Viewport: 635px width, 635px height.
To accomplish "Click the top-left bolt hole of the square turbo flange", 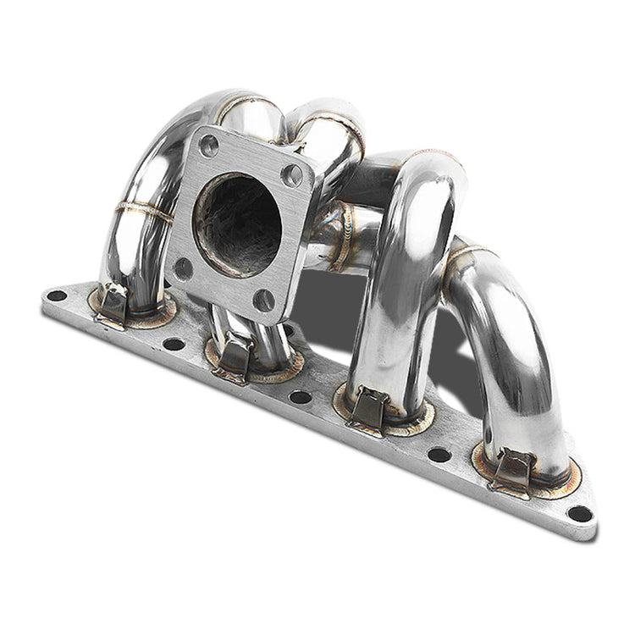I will pos(209,145).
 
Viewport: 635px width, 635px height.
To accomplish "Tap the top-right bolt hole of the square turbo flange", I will pos(292,175).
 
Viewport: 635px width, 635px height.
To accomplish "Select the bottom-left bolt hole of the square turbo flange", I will pos(182,269).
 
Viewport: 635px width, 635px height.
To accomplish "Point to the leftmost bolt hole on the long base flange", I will pos(57,296).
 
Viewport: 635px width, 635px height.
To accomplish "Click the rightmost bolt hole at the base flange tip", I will pos(579,512).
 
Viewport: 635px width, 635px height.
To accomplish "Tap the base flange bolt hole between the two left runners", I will pos(173,344).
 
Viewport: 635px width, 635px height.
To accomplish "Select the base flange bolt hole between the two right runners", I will pos(439,455).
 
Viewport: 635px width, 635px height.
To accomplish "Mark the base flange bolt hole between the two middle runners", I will pos(300,396).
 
